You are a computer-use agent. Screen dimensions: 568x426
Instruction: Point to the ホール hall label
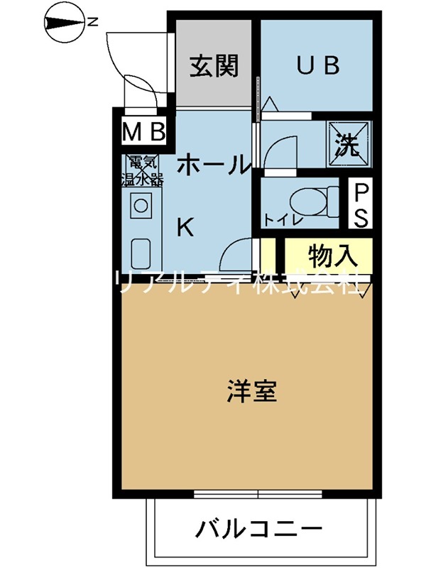pos(213,165)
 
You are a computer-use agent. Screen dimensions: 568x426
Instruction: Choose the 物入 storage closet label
pos(331,253)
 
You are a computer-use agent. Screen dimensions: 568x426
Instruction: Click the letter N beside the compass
pos(92,22)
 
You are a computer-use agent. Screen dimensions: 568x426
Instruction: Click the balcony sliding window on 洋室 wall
pos(258,494)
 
